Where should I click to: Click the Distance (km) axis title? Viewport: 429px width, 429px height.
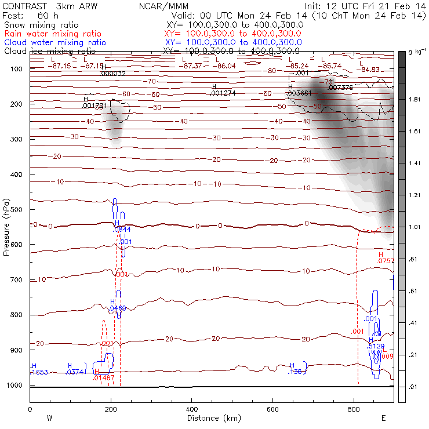coord(211,418)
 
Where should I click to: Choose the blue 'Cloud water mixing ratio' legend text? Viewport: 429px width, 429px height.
coord(55,42)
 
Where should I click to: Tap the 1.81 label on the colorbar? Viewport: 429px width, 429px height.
coord(415,100)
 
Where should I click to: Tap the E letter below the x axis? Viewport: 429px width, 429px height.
coord(384,418)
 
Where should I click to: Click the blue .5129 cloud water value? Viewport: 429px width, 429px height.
coord(377,346)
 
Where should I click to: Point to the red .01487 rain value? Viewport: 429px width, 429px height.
coord(103,378)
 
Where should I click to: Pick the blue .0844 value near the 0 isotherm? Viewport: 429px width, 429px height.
coord(121,230)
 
